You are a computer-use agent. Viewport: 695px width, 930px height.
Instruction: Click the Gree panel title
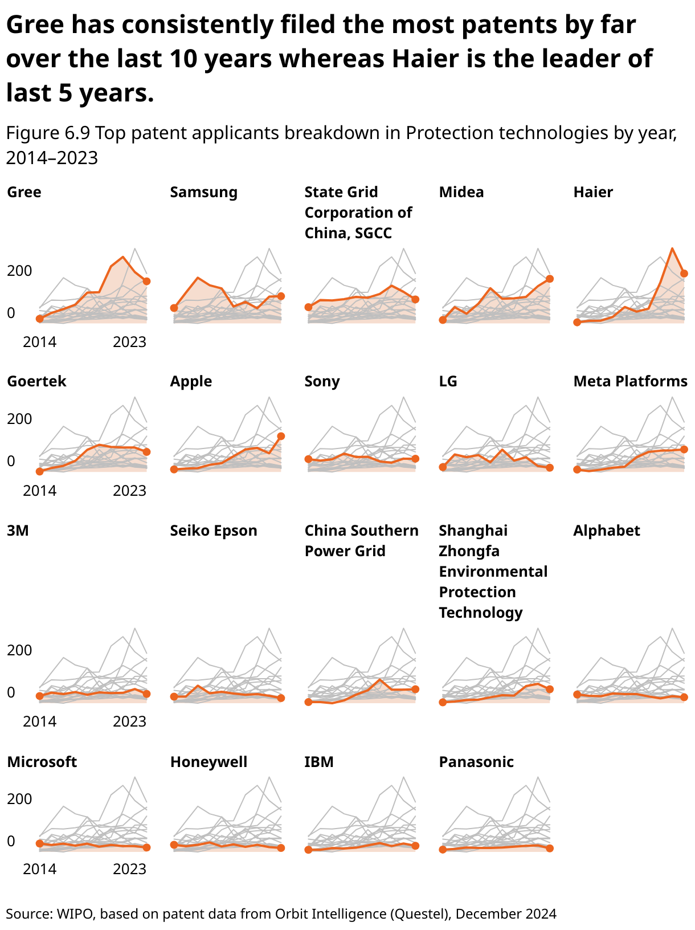tap(24, 192)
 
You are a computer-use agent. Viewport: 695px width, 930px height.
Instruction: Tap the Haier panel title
tap(593, 192)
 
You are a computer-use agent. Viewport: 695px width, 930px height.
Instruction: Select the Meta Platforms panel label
tap(630, 381)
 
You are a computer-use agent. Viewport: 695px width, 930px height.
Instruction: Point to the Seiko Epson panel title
tap(214, 531)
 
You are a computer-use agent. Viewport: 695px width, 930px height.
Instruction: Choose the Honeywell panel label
tap(208, 762)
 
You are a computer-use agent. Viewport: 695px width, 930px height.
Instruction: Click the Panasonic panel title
tap(476, 762)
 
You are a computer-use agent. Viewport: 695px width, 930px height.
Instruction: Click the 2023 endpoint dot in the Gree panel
tap(146, 281)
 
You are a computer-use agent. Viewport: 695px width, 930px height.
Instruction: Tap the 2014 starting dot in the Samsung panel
tap(174, 308)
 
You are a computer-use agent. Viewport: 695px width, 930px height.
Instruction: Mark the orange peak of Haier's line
tap(673, 249)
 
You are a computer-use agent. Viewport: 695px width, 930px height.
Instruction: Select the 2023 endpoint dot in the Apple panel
tap(281, 436)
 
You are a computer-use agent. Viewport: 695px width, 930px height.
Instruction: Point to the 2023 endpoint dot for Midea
tap(550, 279)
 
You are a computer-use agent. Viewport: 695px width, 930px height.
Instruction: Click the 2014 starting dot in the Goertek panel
tap(40, 471)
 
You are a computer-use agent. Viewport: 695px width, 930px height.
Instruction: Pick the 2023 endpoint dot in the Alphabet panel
tap(684, 697)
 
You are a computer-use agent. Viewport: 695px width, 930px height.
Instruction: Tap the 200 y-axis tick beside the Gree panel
tap(19, 271)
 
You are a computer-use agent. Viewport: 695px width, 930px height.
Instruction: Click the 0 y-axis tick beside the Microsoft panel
tap(11, 841)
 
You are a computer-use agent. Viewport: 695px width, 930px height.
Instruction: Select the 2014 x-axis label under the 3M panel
tap(40, 721)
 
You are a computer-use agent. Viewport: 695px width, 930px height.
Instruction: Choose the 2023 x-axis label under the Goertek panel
tap(129, 490)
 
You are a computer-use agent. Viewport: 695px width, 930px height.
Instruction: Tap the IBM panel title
tap(319, 762)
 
